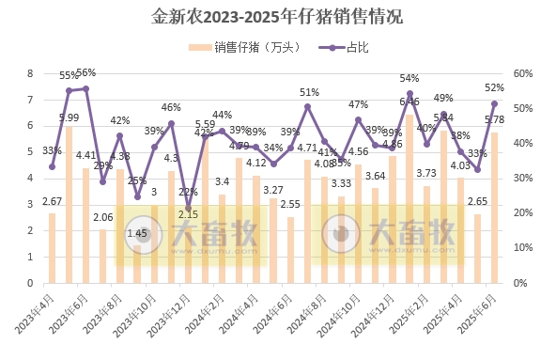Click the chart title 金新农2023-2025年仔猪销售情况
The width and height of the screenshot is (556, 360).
(277, 17)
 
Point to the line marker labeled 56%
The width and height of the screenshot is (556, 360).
(85, 88)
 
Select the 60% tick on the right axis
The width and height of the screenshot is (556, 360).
(522, 73)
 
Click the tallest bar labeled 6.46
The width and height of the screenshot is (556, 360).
(409, 198)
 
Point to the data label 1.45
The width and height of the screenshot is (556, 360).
(137, 232)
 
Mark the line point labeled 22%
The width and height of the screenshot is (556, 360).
(188, 207)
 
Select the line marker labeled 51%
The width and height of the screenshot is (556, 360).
(307, 106)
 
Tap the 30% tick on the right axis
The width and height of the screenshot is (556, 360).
(522, 178)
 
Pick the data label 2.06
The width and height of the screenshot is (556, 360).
(103, 217)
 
